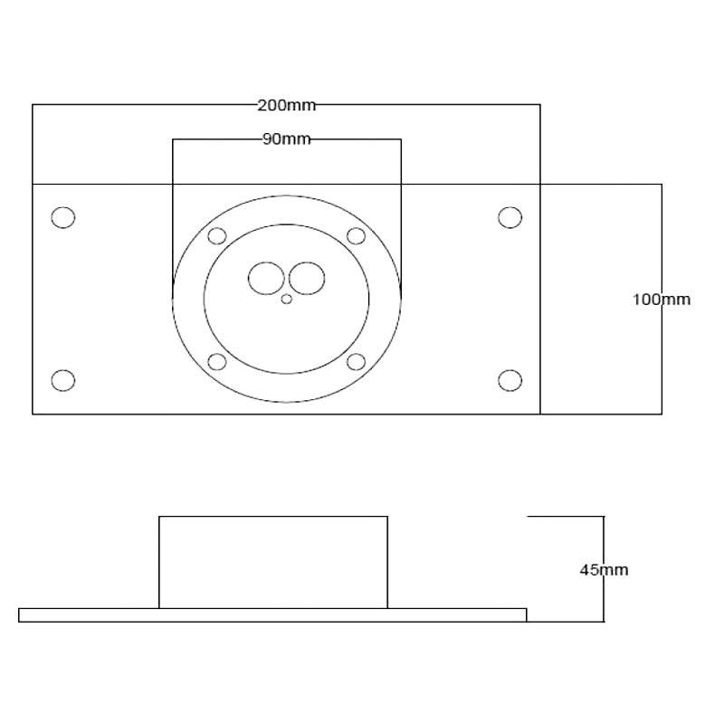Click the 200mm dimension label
coord(286,106)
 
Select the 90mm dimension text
coord(286,139)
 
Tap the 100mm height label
coord(662,300)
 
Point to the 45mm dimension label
coord(604,570)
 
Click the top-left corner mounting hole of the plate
coord(63,217)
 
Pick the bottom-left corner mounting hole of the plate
coord(63,380)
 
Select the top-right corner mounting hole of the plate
coord(510,217)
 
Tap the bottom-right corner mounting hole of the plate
coord(510,380)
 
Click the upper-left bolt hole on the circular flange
coord(217,236)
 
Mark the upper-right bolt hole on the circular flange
coord(356,236)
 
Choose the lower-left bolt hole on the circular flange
coord(217,362)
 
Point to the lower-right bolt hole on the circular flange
coord(356,362)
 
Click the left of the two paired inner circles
coord(266,278)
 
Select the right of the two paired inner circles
coord(307,278)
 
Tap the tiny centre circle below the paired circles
coord(287,300)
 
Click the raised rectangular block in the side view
coord(273,562)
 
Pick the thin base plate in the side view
coord(272,615)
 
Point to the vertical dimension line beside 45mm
coord(604,569)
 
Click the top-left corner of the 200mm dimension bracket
coord(33,105)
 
